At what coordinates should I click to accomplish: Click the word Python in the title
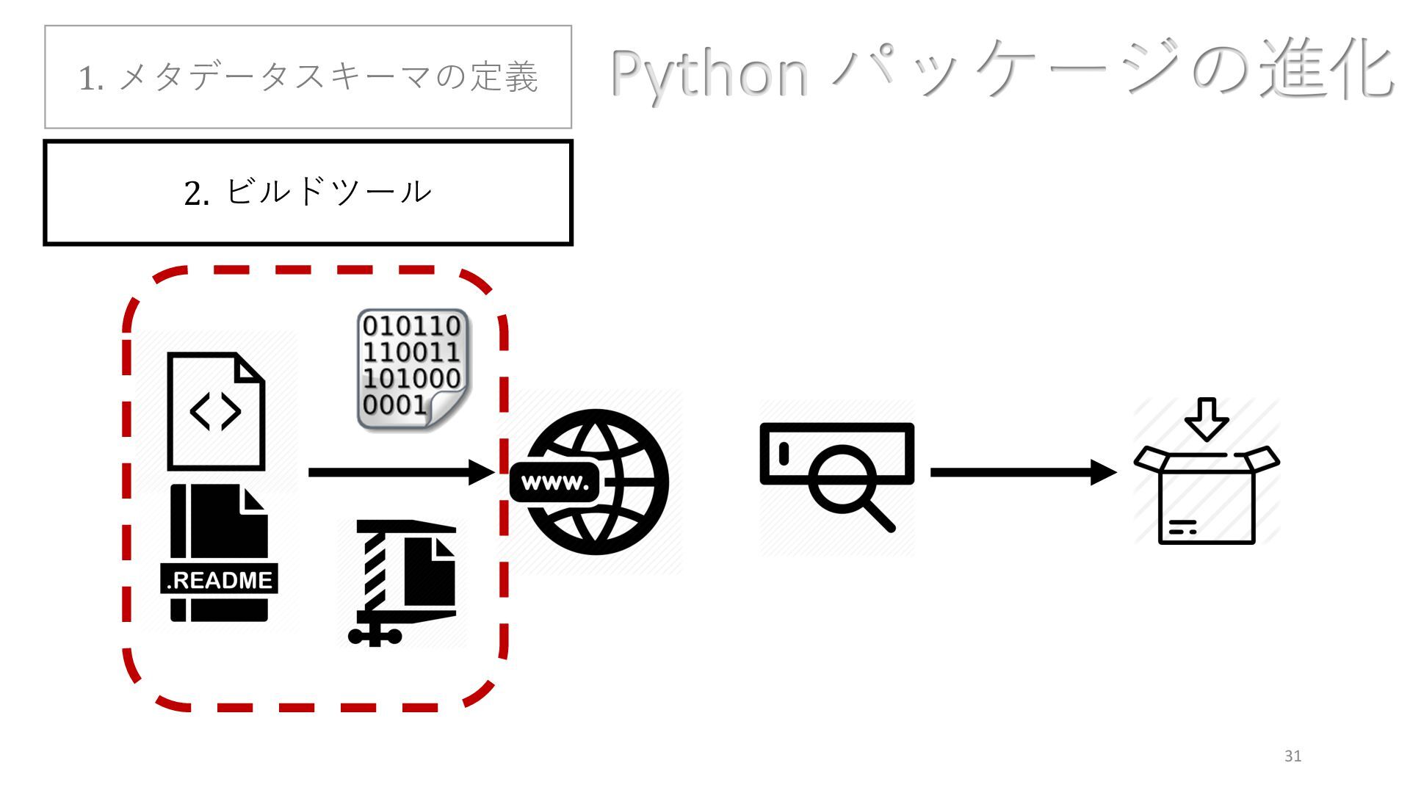click(709, 73)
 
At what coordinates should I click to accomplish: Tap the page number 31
click(1293, 756)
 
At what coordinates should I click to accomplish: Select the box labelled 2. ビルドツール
click(308, 192)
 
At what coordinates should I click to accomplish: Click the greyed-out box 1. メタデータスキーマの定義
click(308, 77)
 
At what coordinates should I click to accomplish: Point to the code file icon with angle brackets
click(215, 411)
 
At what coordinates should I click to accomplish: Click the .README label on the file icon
click(219, 580)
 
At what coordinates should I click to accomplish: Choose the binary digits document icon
click(412, 369)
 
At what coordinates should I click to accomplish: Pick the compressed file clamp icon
click(402, 582)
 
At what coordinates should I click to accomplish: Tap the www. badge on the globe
click(555, 483)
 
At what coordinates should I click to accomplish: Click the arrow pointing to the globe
click(400, 472)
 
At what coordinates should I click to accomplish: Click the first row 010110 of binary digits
click(411, 326)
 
